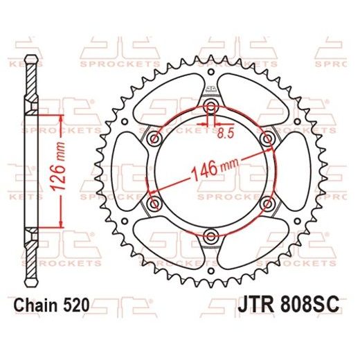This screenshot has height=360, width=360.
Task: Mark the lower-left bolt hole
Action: [154, 203]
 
